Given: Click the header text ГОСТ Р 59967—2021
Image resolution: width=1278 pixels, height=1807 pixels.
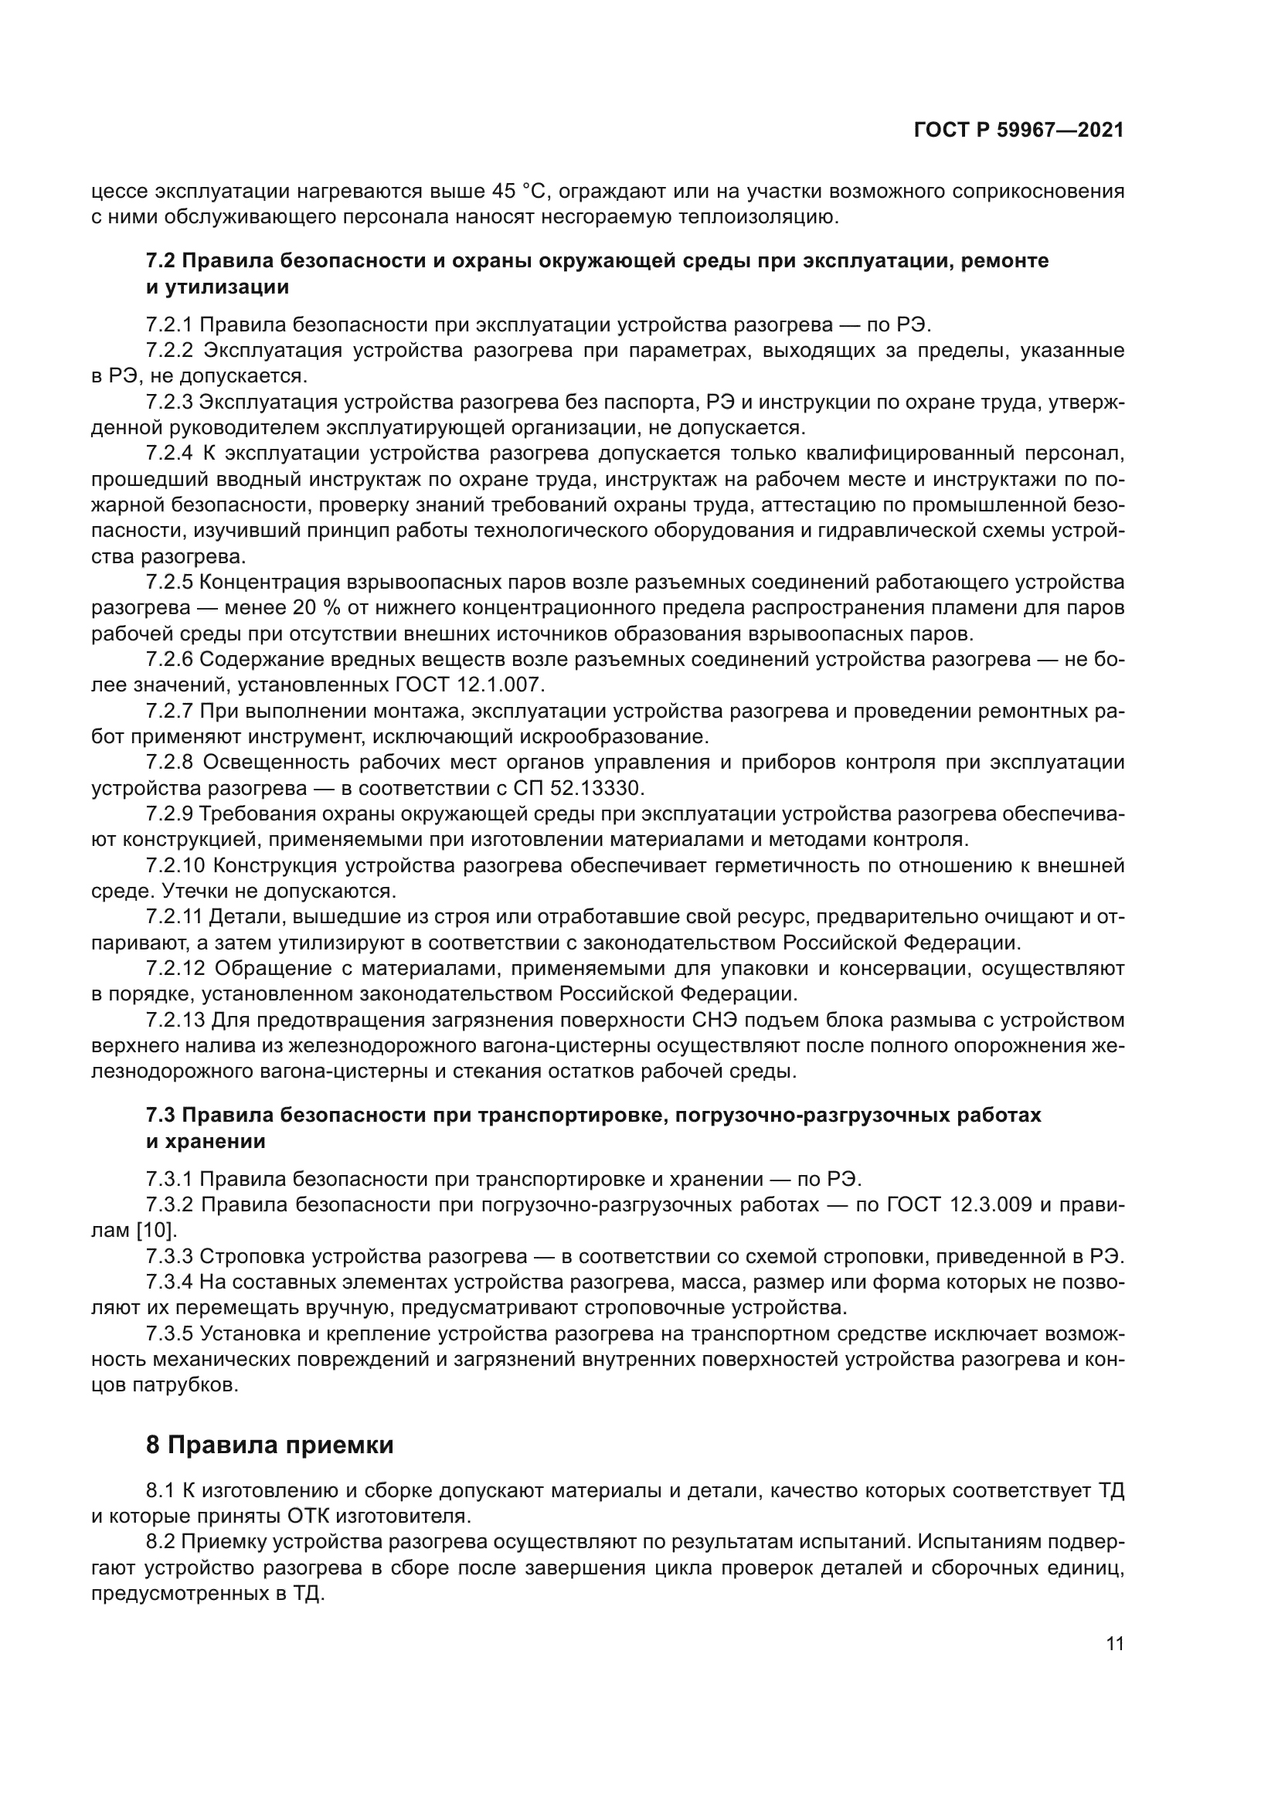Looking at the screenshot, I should [x=1018, y=131].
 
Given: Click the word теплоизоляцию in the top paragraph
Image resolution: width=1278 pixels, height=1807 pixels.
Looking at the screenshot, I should [x=757, y=216].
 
